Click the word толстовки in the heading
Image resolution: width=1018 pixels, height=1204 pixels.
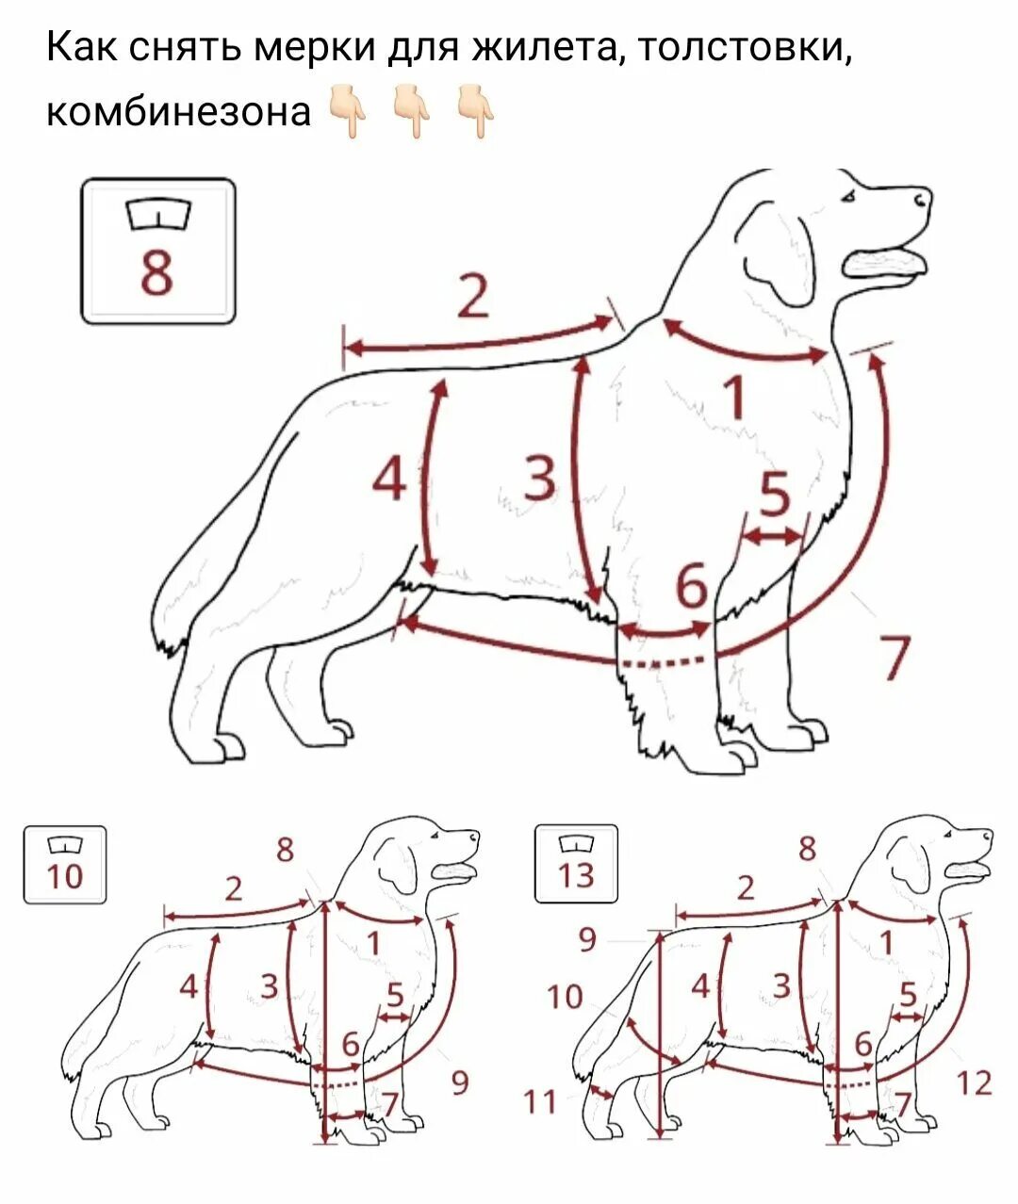click(x=746, y=48)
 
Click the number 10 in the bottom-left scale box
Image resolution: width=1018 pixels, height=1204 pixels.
click(x=65, y=878)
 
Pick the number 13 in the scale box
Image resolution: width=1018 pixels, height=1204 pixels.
click(x=576, y=876)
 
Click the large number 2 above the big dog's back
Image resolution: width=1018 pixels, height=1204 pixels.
click(x=474, y=296)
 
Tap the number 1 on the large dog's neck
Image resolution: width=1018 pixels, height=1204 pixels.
click(x=735, y=399)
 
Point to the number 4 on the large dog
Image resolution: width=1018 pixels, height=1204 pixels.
click(x=389, y=478)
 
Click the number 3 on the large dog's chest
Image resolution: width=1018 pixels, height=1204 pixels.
click(x=540, y=477)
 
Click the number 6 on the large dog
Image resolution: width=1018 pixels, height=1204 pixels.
click(x=691, y=585)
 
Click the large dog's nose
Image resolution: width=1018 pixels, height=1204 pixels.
click(x=923, y=199)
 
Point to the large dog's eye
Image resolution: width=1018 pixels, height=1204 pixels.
click(x=849, y=197)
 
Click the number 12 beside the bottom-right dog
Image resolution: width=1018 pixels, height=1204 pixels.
click(x=974, y=1082)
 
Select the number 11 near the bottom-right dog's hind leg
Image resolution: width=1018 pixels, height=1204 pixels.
click(x=539, y=1102)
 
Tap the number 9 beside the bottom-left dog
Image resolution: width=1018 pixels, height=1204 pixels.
click(x=460, y=1082)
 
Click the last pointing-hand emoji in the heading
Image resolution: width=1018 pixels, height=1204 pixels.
click(x=475, y=111)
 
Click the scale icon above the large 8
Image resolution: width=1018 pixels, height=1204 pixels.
click(x=158, y=213)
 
